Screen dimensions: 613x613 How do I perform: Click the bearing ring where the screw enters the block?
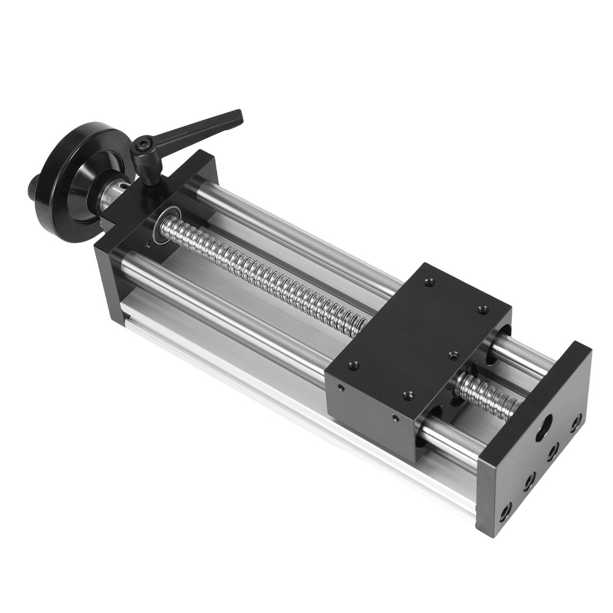[164, 226]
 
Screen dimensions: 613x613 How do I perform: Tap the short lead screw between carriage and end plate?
[487, 395]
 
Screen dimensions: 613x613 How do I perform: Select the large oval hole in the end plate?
[544, 428]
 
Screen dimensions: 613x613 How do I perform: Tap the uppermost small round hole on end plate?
[576, 422]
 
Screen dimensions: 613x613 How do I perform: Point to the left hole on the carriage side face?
[341, 388]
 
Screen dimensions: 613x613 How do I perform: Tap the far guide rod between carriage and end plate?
[521, 356]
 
